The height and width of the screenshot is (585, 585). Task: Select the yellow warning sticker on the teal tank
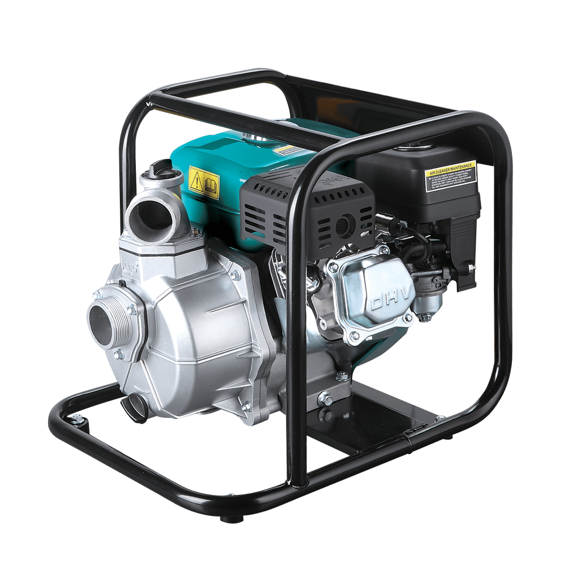(204, 183)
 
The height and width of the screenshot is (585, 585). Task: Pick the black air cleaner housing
(421, 193)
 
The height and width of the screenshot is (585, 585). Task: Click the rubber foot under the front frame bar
(227, 518)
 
